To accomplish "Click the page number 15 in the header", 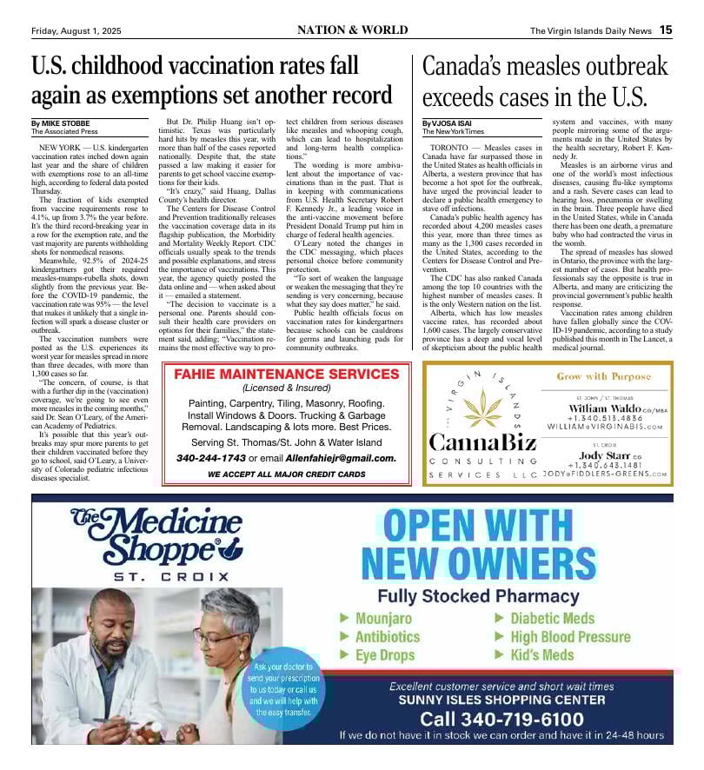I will click(x=665, y=30).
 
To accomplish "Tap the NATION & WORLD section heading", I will click(x=352, y=30).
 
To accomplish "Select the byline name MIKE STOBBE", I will click(x=65, y=123).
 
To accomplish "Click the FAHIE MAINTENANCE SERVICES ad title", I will click(x=287, y=375).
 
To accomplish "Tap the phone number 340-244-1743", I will click(x=210, y=457).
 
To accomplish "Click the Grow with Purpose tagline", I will click(x=603, y=377).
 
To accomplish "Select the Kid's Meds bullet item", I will click(x=541, y=654).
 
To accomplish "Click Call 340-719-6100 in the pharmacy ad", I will click(x=501, y=718).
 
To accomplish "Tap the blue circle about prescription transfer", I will click(x=284, y=689).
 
